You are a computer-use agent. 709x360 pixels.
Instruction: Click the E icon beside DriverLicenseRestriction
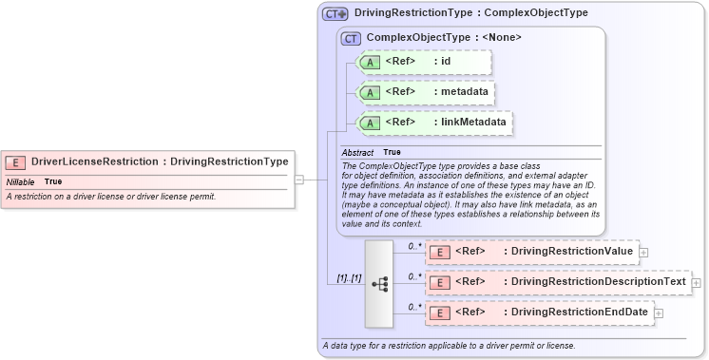pyautogui.click(x=16, y=162)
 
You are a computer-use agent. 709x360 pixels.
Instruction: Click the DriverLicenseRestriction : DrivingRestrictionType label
pyautogui.click(x=160, y=162)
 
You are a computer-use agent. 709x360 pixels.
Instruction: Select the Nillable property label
pyautogui.click(x=21, y=181)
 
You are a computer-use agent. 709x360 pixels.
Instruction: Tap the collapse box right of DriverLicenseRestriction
pyautogui.click(x=298, y=179)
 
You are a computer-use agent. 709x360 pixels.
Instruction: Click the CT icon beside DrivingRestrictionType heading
pyautogui.click(x=335, y=14)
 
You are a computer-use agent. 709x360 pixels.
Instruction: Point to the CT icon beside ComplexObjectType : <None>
pyautogui.click(x=352, y=39)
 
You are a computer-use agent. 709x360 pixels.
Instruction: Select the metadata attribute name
pyautogui.click(x=464, y=92)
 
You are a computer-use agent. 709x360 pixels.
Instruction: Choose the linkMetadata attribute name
pyautogui.click(x=473, y=123)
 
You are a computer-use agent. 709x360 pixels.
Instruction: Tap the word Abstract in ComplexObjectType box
pyautogui.click(x=358, y=152)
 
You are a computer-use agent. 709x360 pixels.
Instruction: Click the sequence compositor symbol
pyautogui.click(x=378, y=283)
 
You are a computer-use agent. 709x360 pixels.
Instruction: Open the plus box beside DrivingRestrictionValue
pyautogui.click(x=644, y=253)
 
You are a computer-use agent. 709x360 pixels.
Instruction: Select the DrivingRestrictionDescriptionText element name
pyautogui.click(x=598, y=282)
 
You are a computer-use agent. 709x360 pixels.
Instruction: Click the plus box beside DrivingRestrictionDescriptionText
pyautogui.click(x=697, y=283)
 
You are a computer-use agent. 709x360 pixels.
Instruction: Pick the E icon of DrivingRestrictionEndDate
pyautogui.click(x=440, y=313)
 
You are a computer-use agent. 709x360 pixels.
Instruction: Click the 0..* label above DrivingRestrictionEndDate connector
pyautogui.click(x=413, y=307)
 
